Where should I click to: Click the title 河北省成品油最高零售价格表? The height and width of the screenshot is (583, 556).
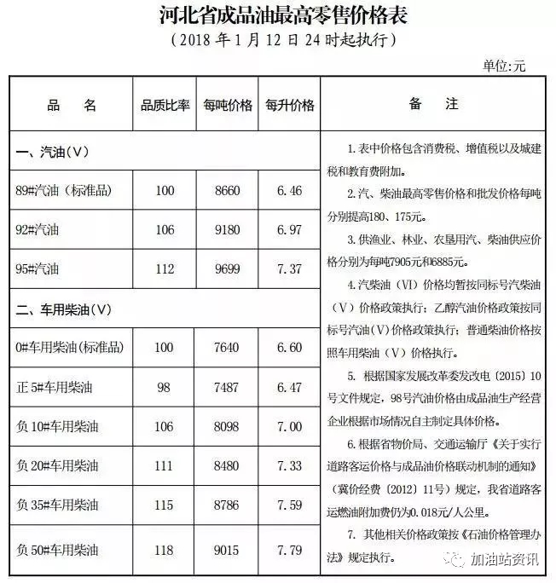tap(279, 15)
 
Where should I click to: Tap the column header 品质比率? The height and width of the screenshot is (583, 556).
tap(163, 106)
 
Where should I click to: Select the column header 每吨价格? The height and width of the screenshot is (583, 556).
tap(228, 106)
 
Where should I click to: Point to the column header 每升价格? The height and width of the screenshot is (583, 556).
tap(290, 106)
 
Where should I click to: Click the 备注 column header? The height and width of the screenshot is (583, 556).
tap(433, 105)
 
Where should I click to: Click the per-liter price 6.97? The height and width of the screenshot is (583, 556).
tap(290, 230)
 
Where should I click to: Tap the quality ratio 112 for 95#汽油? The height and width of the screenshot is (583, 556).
tap(163, 269)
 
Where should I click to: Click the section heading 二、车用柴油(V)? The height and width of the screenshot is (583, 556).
tap(64, 308)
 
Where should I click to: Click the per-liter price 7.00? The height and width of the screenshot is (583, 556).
tap(290, 426)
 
